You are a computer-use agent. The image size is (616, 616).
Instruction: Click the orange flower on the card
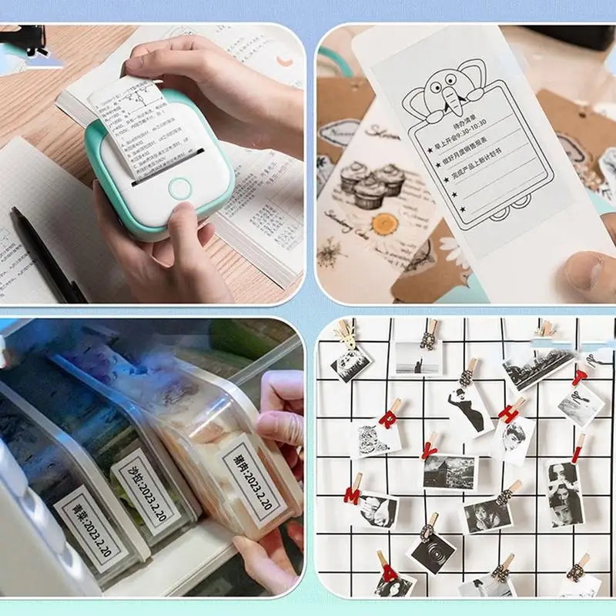[x=383, y=224]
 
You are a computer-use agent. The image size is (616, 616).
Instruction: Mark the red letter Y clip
[x=431, y=446]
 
